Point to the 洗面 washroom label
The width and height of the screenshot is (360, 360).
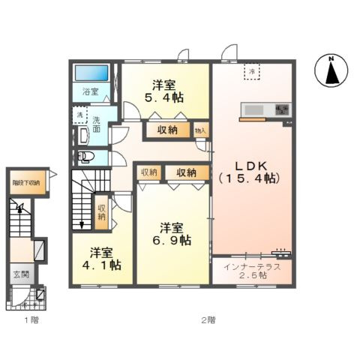97,124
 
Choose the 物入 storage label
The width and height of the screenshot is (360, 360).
199,130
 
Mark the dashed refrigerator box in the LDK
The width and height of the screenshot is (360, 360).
253,71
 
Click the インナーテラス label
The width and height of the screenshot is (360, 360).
250,265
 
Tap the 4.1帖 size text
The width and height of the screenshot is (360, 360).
100,265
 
